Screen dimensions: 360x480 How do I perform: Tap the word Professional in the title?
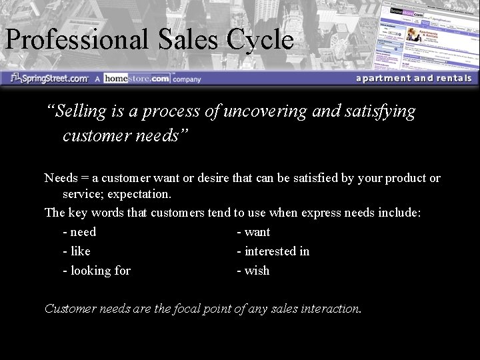(x=77, y=40)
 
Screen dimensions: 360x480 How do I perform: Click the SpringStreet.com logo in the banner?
(x=50, y=78)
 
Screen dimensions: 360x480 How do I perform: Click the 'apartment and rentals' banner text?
(x=413, y=78)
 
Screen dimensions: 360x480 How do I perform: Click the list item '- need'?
(x=79, y=232)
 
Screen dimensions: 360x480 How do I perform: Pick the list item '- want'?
(x=253, y=232)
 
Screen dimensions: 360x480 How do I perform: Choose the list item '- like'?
(x=77, y=251)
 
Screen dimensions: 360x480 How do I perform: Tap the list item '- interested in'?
(x=273, y=251)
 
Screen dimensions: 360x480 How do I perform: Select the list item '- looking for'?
(x=97, y=271)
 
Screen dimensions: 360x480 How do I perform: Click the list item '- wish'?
(x=253, y=271)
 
